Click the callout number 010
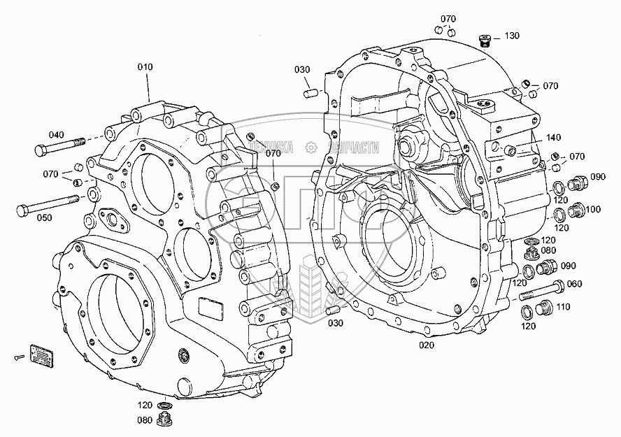click(x=145, y=67)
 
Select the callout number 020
click(x=427, y=345)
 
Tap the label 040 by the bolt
click(x=56, y=135)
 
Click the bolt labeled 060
click(x=541, y=292)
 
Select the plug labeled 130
click(x=485, y=41)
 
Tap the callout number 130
click(x=512, y=36)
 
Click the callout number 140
click(x=553, y=137)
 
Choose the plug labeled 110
click(x=544, y=308)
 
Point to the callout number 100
click(x=592, y=209)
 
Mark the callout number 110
click(x=563, y=307)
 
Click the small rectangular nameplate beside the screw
click(x=42, y=352)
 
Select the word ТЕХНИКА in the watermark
click(x=271, y=148)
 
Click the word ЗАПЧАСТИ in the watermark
click(x=354, y=148)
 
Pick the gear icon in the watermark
click(x=312, y=148)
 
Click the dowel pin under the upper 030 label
click(x=309, y=94)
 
